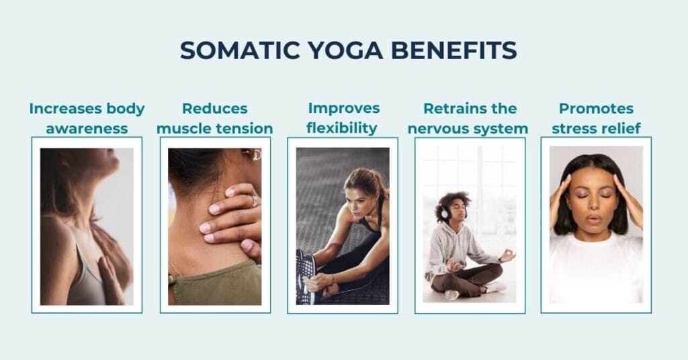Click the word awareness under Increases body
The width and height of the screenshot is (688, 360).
pyautogui.click(x=87, y=128)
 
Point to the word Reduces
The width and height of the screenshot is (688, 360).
pyautogui.click(x=215, y=109)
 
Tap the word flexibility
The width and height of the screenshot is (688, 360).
pyautogui.click(x=343, y=128)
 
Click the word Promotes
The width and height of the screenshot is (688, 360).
pyautogui.click(x=596, y=109)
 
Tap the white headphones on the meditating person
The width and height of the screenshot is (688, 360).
pyautogui.click(x=443, y=212)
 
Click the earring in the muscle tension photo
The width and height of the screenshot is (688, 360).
pyautogui.click(x=255, y=154)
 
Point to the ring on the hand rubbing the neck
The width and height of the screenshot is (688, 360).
pyautogui.click(x=253, y=199)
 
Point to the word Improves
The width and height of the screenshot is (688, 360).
pyautogui.click(x=343, y=109)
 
